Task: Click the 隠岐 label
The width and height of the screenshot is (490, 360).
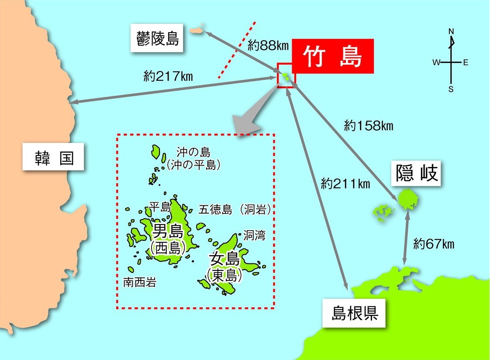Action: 416,174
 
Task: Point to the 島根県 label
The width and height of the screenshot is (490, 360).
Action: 354,313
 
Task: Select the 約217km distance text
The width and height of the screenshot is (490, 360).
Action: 168,76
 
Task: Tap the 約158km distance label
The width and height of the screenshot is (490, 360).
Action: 369,126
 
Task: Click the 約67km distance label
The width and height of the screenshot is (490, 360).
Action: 434,244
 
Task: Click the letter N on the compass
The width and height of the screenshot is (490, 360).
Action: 451,31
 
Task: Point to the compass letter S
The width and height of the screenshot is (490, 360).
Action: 451,89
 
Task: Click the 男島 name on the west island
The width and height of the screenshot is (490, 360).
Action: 167,230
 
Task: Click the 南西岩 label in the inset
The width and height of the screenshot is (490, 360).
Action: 139,283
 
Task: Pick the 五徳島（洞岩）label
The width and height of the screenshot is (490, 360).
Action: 235,209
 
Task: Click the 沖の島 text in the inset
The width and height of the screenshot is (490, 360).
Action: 193,152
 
